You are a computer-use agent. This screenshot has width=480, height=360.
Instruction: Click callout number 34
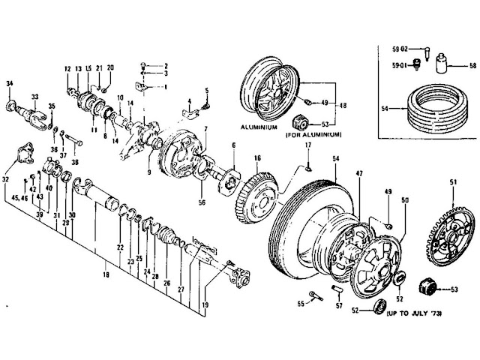(x=10, y=82)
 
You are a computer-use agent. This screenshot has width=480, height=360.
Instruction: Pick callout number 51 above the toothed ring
(x=452, y=182)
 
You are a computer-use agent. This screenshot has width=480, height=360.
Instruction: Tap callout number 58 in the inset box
(x=461, y=67)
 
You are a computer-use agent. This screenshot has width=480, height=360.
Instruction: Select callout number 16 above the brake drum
(x=257, y=158)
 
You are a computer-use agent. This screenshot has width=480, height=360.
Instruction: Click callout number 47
(x=359, y=173)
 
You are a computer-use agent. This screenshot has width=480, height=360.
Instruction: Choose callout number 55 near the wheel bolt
(x=299, y=304)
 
